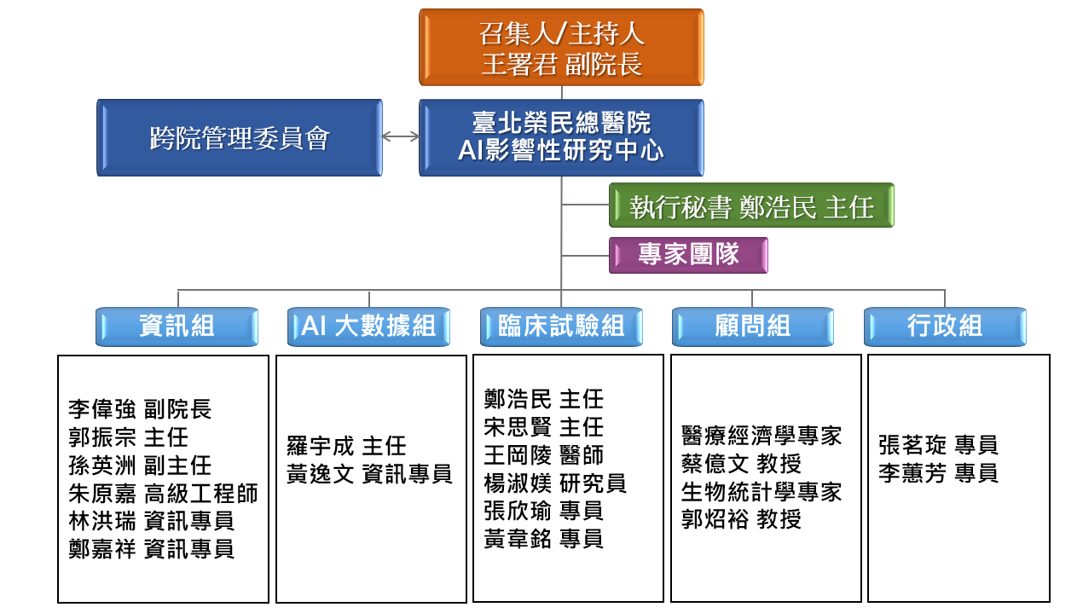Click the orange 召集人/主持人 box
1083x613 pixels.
click(561, 48)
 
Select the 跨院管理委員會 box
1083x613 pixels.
click(239, 138)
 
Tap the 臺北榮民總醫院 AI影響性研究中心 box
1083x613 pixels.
click(561, 138)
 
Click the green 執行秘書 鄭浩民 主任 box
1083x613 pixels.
click(751, 205)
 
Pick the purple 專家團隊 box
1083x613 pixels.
click(688, 255)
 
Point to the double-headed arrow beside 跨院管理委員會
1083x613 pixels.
click(400, 136)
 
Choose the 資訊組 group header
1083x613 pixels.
click(177, 327)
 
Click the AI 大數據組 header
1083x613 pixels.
click(368, 327)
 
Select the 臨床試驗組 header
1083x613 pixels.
click(561, 327)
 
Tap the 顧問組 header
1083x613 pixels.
click(752, 327)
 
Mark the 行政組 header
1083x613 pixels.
click(945, 327)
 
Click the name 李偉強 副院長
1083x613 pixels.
click(140, 409)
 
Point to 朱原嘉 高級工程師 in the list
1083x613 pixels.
click(163, 493)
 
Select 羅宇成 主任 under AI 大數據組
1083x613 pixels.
click(346, 446)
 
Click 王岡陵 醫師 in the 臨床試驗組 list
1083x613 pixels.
click(543, 454)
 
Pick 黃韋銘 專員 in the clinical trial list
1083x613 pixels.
click(543, 539)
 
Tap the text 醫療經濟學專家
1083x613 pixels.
click(762, 436)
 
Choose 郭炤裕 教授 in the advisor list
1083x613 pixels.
click(741, 519)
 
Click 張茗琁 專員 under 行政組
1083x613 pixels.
click(938, 445)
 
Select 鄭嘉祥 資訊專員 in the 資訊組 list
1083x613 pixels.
click(151, 548)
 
